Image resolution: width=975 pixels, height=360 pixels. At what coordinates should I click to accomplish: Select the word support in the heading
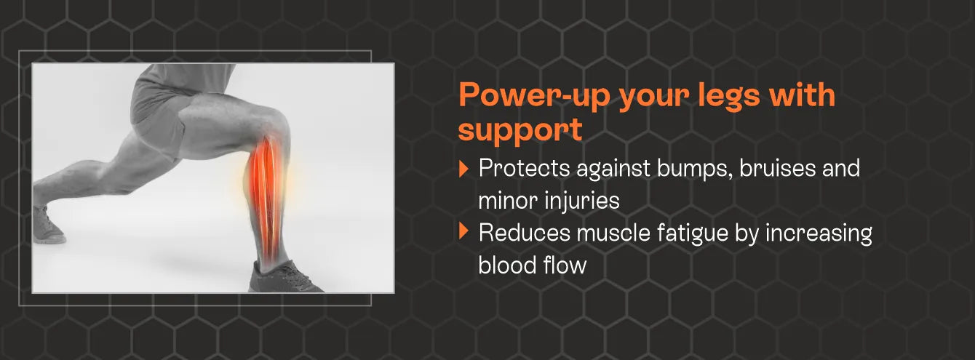click(x=520, y=130)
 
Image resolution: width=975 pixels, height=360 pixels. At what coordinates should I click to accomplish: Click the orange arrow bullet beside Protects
click(x=463, y=169)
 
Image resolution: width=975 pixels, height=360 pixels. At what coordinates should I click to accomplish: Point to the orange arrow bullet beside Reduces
click(x=463, y=231)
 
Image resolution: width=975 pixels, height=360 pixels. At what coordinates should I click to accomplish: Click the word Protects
click(x=524, y=169)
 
